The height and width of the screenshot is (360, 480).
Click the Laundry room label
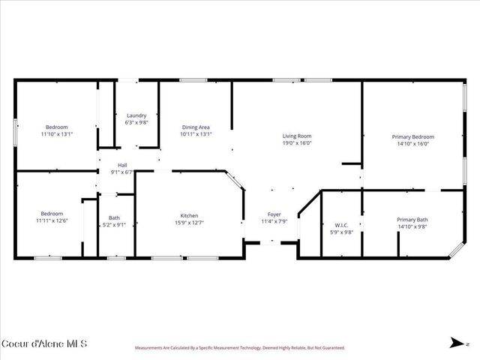136,115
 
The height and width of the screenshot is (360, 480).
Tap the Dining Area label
196,127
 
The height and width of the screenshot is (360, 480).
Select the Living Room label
296,136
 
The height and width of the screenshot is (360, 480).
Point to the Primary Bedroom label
412,136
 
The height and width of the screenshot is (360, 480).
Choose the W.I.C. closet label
342,225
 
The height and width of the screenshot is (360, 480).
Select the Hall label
121,165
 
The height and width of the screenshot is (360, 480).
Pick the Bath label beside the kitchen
114,217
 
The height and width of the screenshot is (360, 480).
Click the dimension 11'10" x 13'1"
56,134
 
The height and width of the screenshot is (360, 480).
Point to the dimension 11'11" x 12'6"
52,220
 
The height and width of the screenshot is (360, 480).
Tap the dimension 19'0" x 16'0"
296,142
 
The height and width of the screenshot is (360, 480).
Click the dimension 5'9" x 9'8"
342,232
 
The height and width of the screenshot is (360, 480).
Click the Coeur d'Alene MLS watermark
44,344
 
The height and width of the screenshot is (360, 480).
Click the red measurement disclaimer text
239,348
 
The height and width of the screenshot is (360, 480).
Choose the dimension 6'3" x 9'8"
136,121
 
